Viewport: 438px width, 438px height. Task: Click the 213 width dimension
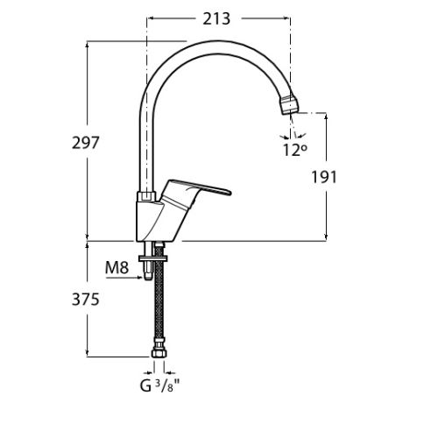216,19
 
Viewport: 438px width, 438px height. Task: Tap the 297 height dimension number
86,143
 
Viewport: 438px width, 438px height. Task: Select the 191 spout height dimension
324,177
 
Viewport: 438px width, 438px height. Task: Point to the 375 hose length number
86,300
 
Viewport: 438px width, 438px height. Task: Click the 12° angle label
295,150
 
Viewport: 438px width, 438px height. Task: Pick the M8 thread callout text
117,267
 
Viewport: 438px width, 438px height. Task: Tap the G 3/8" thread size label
159,385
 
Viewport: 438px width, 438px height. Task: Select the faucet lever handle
195,191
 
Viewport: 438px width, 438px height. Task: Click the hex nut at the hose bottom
159,351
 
